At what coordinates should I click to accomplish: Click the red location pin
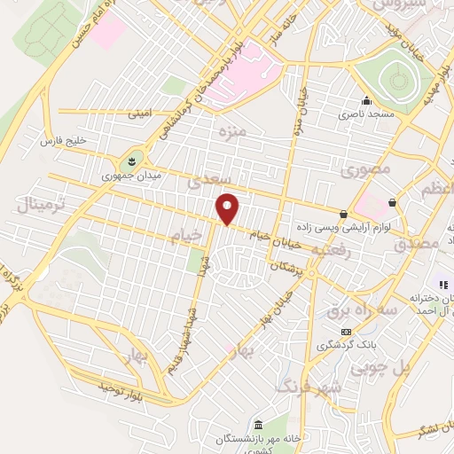click(228, 208)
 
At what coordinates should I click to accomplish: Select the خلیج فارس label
click(62, 141)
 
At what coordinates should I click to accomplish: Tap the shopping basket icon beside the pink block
click(391, 202)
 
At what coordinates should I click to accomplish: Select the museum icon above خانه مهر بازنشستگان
click(258, 425)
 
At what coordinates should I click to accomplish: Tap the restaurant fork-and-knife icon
click(440, 284)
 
